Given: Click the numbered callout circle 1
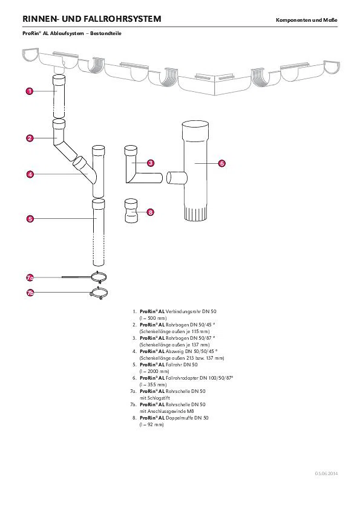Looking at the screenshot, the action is (x=30, y=91).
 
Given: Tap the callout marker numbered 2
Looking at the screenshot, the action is (x=30, y=138).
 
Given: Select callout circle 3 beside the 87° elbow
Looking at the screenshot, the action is (x=151, y=163).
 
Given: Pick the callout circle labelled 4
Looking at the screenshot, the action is (x=30, y=174).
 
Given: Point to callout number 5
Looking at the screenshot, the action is (x=30, y=218).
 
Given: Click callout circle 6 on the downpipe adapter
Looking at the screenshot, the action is (x=221, y=163).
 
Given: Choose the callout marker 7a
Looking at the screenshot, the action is (x=30, y=277).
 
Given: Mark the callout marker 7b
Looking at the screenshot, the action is (x=30, y=293).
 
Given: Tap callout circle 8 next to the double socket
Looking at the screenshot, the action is (x=150, y=212).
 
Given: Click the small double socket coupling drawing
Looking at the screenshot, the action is (x=131, y=211).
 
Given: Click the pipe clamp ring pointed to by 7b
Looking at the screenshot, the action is (x=99, y=293).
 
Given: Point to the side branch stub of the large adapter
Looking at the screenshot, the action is (x=177, y=178).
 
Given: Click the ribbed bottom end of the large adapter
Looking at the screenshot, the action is (x=195, y=213).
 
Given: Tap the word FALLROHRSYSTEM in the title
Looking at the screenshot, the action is (x=122, y=19).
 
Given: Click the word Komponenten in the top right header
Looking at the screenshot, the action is (x=293, y=20).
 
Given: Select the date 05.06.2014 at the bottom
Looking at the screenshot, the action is (x=326, y=473).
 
